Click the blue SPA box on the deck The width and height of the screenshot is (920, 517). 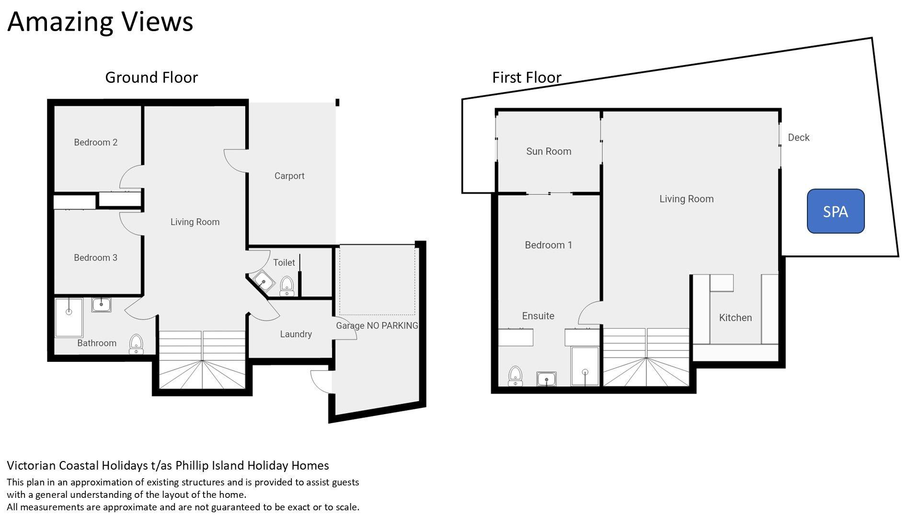[x=836, y=211]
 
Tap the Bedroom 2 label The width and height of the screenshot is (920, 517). [x=95, y=142]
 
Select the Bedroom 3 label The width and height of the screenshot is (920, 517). [x=95, y=258]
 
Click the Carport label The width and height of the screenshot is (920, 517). [x=289, y=176]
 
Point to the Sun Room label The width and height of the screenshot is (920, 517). [x=549, y=151]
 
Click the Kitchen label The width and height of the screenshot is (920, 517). [x=736, y=317]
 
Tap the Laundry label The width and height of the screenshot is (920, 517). [x=296, y=334]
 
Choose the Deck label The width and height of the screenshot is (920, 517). [x=799, y=137]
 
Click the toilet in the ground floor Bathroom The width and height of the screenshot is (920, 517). [x=136, y=344]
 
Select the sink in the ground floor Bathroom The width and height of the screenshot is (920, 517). [x=101, y=304]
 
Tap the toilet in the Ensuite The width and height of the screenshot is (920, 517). [x=515, y=376]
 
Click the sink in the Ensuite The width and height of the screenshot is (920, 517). [x=546, y=379]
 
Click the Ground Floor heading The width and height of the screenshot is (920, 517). [x=151, y=78]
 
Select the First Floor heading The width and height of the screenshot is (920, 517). [x=527, y=78]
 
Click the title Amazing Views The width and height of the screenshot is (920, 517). [x=100, y=22]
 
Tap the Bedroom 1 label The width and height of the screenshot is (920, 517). [x=548, y=245]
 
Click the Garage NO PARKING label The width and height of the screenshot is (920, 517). [x=377, y=326]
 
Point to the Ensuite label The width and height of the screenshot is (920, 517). [x=538, y=316]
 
